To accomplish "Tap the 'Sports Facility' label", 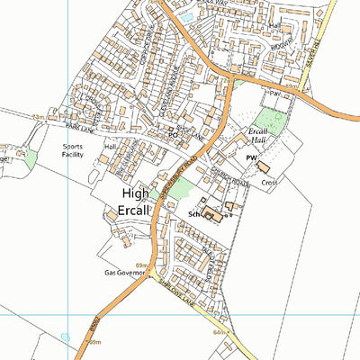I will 76,150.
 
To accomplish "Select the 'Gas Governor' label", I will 123,271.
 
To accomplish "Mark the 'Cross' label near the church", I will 269,182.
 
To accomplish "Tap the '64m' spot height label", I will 220,332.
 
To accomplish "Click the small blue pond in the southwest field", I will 65,337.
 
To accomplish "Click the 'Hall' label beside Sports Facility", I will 111,147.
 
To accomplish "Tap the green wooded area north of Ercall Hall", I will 267,120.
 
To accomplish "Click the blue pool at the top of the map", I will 187,15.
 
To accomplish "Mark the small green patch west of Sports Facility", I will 30,158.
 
